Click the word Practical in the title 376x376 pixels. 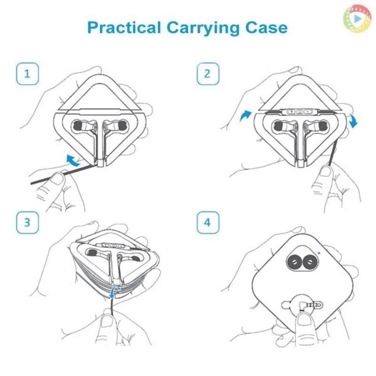click(x=124, y=27)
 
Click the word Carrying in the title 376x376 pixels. click(x=203, y=28)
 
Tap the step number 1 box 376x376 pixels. click(x=27, y=74)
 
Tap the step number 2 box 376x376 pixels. click(x=208, y=74)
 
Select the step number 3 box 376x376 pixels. click(x=27, y=222)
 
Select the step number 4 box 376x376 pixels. click(x=208, y=222)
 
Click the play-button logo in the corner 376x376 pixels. click(x=357, y=18)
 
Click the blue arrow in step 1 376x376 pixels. click(x=73, y=161)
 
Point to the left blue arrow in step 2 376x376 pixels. click(x=245, y=116)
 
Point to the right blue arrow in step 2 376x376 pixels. click(x=353, y=121)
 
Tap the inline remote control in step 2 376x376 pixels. click(x=300, y=111)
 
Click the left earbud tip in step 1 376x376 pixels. click(x=77, y=125)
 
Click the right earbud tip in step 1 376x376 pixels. click(x=122, y=125)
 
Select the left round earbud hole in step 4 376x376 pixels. click(x=293, y=262)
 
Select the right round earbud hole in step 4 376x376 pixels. click(x=308, y=262)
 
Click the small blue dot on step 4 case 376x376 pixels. click(x=319, y=253)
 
